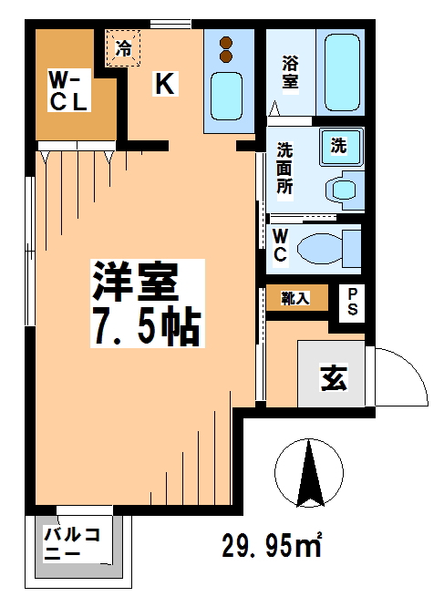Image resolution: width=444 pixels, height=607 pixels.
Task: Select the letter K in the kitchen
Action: (x=164, y=84)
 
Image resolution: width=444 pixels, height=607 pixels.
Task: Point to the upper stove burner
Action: (x=228, y=42)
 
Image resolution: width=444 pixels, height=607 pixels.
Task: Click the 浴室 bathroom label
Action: (x=289, y=72)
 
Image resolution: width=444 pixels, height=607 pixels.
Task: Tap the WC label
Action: (x=282, y=246)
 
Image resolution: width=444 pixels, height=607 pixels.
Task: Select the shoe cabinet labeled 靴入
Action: (x=296, y=298)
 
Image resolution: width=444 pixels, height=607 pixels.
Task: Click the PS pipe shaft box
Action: (x=352, y=302)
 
